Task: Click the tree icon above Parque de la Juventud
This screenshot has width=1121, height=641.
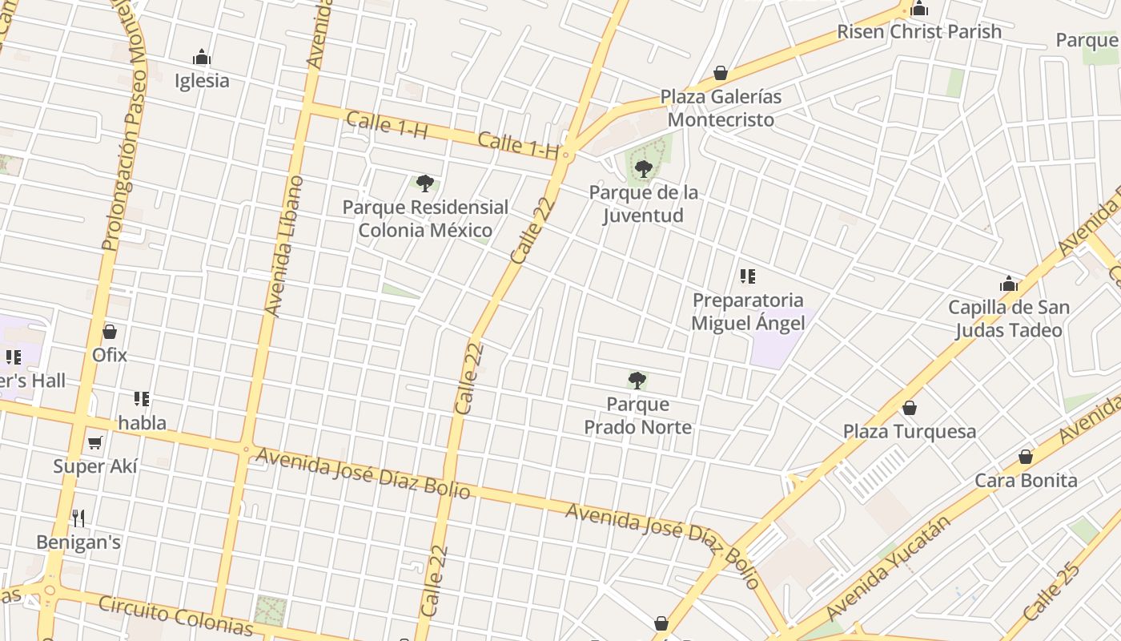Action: click(x=643, y=169)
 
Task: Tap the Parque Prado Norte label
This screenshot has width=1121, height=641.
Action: click(x=637, y=416)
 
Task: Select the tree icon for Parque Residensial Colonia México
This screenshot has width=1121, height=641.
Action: click(x=425, y=183)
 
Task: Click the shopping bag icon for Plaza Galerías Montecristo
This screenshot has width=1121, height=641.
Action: click(x=721, y=73)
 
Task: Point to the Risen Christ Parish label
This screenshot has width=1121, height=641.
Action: click(x=919, y=32)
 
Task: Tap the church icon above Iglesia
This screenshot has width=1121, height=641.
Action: click(x=202, y=58)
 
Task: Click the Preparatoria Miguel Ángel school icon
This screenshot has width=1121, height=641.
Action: click(x=748, y=277)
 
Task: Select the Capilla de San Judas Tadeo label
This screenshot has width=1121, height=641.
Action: click(x=1008, y=319)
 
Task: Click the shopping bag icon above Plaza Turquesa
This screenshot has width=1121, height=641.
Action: click(x=910, y=408)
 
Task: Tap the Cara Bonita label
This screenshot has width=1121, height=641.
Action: click(x=1026, y=481)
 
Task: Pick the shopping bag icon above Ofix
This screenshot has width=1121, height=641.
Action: click(x=110, y=332)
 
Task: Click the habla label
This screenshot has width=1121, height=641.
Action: click(x=143, y=423)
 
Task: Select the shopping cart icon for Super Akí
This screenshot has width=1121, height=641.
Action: click(x=95, y=443)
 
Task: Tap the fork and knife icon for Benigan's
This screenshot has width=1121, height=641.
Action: click(x=78, y=518)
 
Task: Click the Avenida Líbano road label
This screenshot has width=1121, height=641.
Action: click(x=284, y=246)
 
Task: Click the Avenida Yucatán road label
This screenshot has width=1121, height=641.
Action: click(x=890, y=567)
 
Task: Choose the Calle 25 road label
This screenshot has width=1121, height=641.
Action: click(x=1052, y=590)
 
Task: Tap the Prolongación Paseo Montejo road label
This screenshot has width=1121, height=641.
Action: click(x=125, y=128)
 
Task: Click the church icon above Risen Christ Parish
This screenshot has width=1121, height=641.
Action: click(x=919, y=9)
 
